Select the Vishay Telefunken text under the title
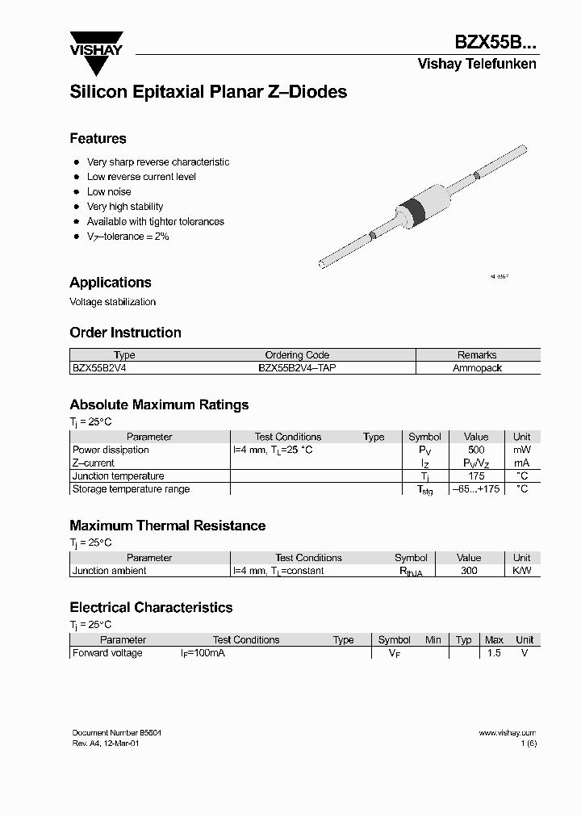pyautogui.click(x=476, y=65)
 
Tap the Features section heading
pyautogui.click(x=98, y=138)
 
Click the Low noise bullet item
pyautogui.click(x=109, y=191)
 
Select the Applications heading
pyautogui.click(x=111, y=283)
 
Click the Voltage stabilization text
pyautogui.click(x=112, y=302)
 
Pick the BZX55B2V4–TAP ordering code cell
pyautogui.click(x=297, y=367)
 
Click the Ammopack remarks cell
pyautogui.click(x=477, y=367)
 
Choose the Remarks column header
pyautogui.click(x=477, y=354)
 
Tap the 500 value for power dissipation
pyautogui.click(x=476, y=450)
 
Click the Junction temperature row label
pyautogui.click(x=118, y=476)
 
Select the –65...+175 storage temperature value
pyautogui.click(x=476, y=489)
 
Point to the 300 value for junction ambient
pyautogui.click(x=469, y=571)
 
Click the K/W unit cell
pyautogui.click(x=522, y=571)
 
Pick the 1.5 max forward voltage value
pyautogui.click(x=494, y=653)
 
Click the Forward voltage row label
pyautogui.click(x=107, y=653)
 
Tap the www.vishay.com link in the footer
pyautogui.click(x=507, y=733)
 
